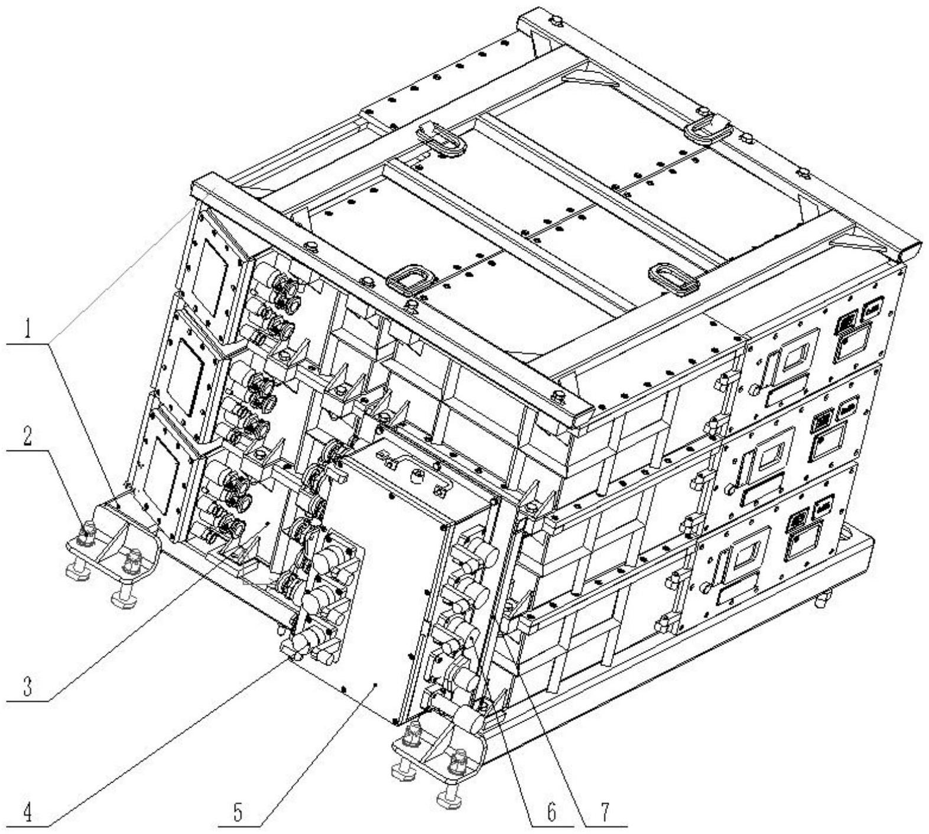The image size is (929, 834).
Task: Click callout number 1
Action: [28, 330]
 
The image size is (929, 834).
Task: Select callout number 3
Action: [28, 688]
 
